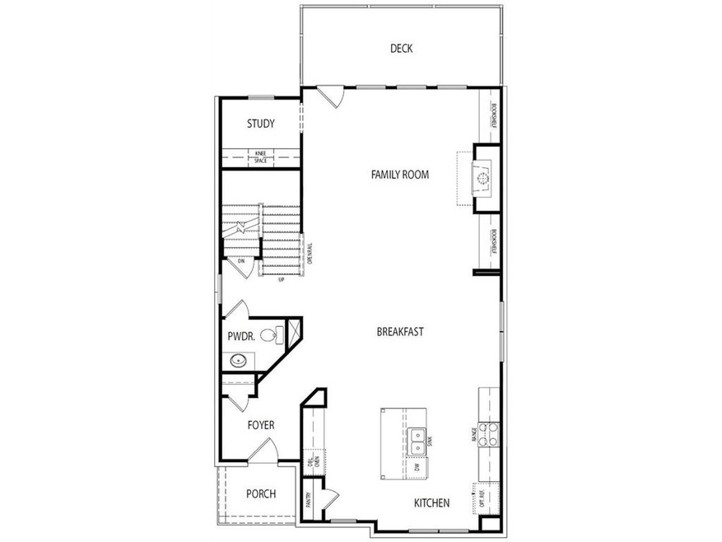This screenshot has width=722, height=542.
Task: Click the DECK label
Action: [x=401, y=49]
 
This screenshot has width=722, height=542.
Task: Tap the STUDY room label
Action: [x=260, y=124]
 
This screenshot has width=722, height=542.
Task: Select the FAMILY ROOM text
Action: [x=399, y=175]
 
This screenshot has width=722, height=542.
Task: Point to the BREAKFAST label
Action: [x=399, y=332]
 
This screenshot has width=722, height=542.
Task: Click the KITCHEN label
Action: [x=431, y=502]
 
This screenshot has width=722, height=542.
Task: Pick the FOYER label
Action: [x=261, y=425]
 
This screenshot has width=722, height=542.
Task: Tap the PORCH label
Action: [x=260, y=494]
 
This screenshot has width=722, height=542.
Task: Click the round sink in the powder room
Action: [x=238, y=360]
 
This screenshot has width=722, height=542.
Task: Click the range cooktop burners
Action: [x=489, y=433]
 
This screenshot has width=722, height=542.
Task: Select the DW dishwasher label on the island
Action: [x=417, y=467]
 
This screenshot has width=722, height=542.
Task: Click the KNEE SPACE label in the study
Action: [x=260, y=157]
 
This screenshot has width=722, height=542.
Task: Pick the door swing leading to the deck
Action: [x=332, y=96]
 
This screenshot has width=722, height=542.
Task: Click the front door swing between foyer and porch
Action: [x=265, y=450]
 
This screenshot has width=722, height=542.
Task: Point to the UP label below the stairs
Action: [x=281, y=279]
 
